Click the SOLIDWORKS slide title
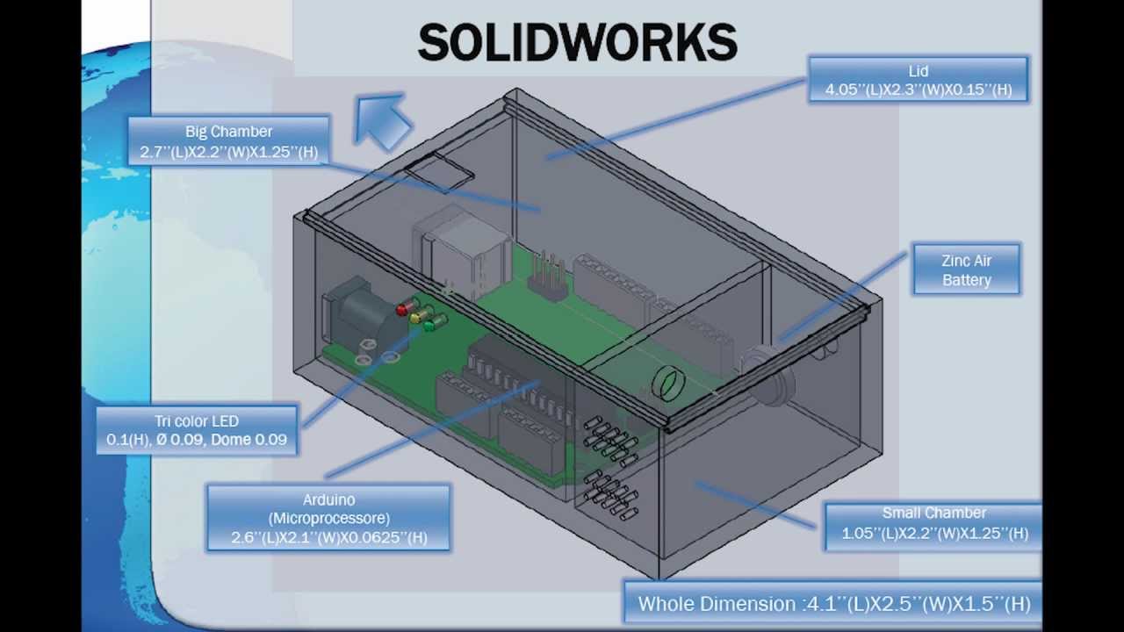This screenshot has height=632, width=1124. coord(577,42)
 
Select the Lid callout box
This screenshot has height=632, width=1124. coord(918,80)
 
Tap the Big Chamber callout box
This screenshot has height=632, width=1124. coord(228,141)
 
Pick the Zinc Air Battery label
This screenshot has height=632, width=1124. coord(966,269)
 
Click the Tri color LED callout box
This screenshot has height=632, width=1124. coord(197,430)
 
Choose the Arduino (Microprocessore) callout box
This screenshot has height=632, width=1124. coord(328,518)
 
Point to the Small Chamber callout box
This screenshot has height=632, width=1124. coord(934,523)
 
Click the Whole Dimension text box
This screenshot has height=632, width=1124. coord(833,603)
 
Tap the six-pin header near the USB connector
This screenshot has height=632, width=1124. coord(548,276)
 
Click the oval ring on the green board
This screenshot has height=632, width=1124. coord(667,384)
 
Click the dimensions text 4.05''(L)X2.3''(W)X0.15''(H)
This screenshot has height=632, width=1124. coord(918,90)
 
